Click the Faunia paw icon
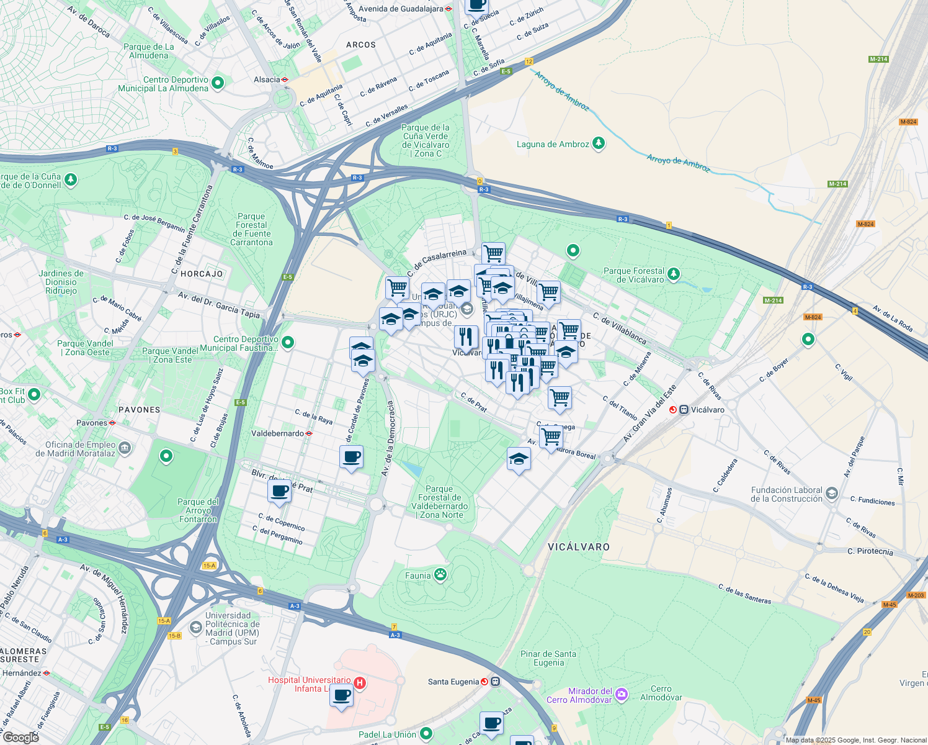[440, 574]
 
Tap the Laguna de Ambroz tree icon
[598, 143]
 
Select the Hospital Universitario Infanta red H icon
[360, 684]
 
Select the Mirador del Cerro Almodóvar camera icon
[622, 695]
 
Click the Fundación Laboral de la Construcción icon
[832, 494]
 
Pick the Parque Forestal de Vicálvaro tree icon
[674, 274]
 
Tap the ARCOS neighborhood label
[361, 45]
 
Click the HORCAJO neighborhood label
[202, 274]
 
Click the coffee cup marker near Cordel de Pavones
[352, 457]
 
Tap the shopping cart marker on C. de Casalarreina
[493, 253]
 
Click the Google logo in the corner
[20, 737]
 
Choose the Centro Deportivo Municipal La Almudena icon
[218, 82]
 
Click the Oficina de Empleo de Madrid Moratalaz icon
[125, 448]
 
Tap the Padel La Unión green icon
[426, 734]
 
